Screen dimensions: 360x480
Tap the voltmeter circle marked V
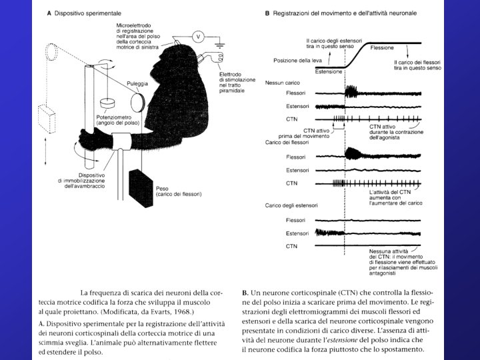pos(197,35)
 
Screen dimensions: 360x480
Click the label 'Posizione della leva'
pos(293,61)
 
